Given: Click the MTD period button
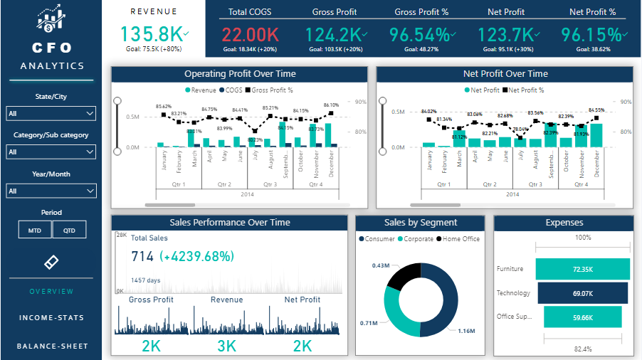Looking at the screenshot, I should pos(35,230).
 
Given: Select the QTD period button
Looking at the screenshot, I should pos(69,230).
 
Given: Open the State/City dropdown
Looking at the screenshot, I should pos(51,113).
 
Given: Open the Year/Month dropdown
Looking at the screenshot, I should pos(51,191).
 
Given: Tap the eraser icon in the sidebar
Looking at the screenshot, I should pos(51,261).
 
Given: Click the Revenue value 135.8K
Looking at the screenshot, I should pos(150,34).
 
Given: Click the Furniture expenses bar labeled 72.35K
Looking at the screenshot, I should pos(582,269).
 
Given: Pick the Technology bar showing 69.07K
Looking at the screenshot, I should pos(582,293).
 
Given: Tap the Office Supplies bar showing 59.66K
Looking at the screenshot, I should pos(582,317).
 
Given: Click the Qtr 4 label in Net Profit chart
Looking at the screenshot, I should pos(581,184).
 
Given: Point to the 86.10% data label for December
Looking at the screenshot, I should pos(331,105).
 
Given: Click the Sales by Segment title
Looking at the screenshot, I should pos(420,223).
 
